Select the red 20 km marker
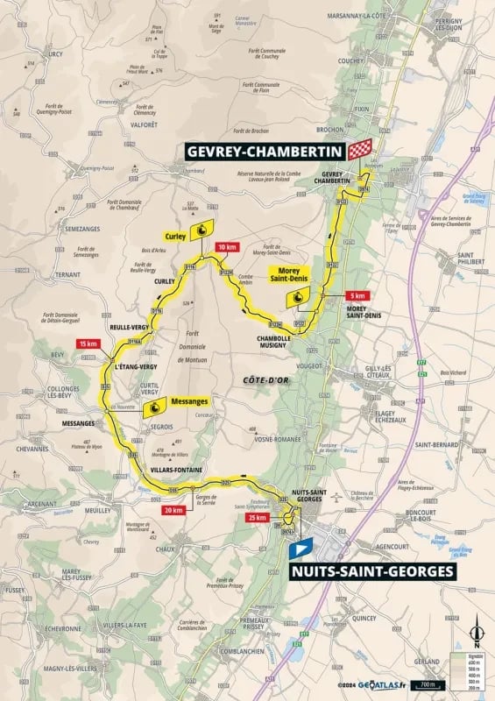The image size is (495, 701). coord(172,510)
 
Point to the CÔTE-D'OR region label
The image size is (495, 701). coord(258,379)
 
